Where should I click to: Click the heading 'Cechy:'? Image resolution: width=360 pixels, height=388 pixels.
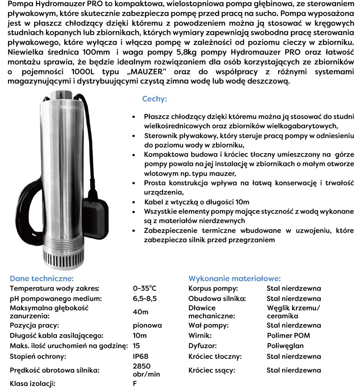154,99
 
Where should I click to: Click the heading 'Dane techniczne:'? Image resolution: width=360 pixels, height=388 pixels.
41,279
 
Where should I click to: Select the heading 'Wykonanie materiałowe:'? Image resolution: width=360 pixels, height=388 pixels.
234,279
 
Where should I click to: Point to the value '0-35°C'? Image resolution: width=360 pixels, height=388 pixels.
144,288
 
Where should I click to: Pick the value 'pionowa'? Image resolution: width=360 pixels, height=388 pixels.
147,325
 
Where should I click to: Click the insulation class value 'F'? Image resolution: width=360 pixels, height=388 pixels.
135,383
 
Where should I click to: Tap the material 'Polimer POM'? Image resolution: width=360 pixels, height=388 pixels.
288,335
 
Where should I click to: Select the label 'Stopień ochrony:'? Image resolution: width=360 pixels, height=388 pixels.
38,356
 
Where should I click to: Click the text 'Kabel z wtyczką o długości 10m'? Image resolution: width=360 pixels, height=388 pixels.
196,202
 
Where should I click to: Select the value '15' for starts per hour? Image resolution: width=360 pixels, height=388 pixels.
137,346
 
